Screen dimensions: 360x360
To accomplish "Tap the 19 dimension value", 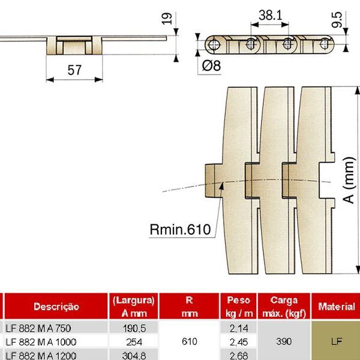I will pos(167,19).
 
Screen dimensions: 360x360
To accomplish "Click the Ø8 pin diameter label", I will pos(211,66).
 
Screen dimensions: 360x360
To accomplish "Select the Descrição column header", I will pos(56,307).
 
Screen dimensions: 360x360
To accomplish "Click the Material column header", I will pos(336,307).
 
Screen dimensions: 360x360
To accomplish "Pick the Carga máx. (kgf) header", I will pos(284,307).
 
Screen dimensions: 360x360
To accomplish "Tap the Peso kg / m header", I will pos(238,307).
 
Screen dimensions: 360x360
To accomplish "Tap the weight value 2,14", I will pos(238,328).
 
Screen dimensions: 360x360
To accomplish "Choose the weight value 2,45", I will pos(238,341).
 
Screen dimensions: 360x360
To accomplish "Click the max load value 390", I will pos(284,341).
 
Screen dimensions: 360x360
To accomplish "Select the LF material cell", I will pos(336,341).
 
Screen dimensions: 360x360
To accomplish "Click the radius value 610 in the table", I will pos(190,341).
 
